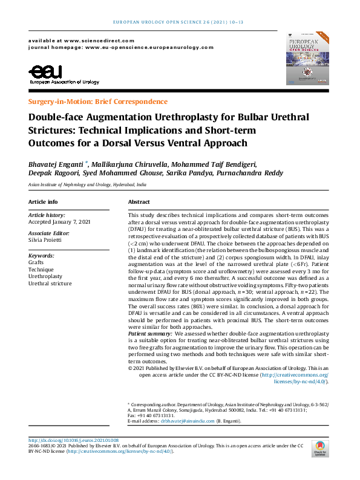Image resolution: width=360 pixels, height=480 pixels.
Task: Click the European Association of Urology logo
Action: point(64,74)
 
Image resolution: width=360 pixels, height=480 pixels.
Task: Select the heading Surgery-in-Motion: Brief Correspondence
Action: point(98,102)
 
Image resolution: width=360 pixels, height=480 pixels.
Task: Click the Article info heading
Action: point(44,201)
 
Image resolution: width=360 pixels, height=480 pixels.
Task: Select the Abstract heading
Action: point(139,201)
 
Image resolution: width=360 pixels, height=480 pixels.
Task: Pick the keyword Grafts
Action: point(37,262)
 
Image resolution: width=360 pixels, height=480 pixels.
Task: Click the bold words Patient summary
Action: point(149,334)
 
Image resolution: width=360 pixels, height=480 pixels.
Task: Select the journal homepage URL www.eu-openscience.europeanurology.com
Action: point(150,47)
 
